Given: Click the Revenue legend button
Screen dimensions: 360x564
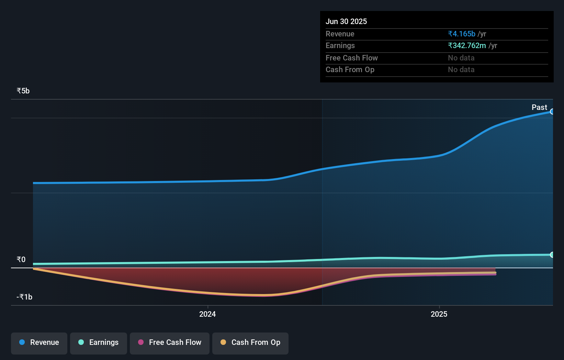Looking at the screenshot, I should point(39,343).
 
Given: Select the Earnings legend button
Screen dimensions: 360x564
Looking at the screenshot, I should point(99,343).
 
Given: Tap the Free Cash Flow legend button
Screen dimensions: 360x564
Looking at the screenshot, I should point(170,343).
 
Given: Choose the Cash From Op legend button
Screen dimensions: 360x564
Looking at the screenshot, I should point(250,343).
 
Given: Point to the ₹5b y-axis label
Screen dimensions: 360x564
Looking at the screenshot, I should point(23,91).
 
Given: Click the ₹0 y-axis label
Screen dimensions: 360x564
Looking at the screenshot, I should point(21,260).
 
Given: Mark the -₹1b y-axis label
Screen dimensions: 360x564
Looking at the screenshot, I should point(24,297).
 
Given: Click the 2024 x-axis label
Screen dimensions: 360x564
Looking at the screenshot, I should point(207,314).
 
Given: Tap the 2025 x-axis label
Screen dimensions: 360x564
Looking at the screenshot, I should point(439,314).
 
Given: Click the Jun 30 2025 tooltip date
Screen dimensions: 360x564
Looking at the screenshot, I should point(346,22).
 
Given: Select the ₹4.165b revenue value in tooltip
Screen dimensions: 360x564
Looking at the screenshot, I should point(462,34).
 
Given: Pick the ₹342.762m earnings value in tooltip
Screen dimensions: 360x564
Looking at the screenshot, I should point(467,46).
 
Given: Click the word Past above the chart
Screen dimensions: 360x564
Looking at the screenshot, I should point(539,108).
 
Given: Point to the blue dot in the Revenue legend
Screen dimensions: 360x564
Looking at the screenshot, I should point(22,342).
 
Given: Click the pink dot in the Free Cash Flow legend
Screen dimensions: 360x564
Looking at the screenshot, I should point(141,342).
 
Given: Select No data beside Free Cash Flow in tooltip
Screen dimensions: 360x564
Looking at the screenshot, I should point(461,58).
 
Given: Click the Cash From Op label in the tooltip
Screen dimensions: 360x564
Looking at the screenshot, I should point(350,70).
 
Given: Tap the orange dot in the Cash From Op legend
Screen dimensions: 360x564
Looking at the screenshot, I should point(223,342).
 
